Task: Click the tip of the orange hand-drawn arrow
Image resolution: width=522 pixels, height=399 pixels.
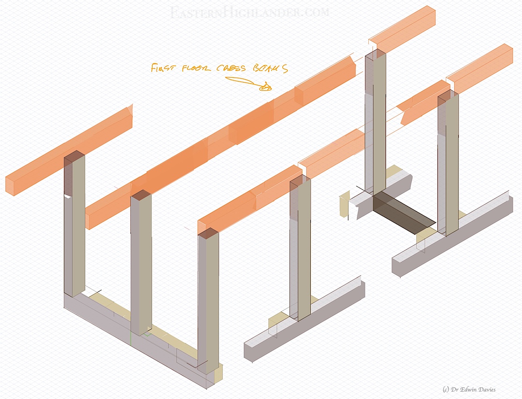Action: (269, 87)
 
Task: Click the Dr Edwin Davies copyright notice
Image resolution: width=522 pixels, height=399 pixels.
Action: (468, 389)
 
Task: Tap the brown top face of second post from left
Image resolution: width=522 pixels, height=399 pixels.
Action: (141, 194)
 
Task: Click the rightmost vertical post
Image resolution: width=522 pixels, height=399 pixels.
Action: (448, 164)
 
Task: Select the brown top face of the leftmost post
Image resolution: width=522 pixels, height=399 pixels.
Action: (74, 157)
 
